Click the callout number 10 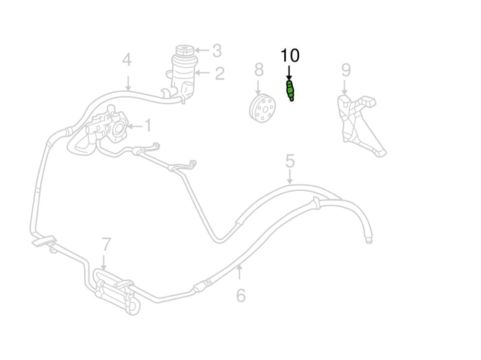coord(290,56)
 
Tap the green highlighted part coord(290,90)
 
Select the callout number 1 coord(148,126)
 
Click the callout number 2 coord(219,74)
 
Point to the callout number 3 coord(217,50)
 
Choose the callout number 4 coord(127,61)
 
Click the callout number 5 coord(290,161)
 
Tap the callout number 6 coord(240,295)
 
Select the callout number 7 coord(106,245)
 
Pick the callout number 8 coord(259,70)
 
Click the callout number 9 coord(346,70)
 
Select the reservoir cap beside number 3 coord(184,50)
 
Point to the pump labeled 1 coord(108,127)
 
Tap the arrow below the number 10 coord(289,73)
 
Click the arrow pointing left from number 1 coord(135,126)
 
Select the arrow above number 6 coord(240,273)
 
